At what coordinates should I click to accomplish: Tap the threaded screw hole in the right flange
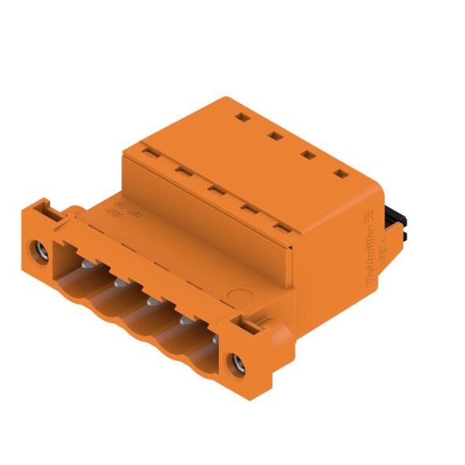(235, 364)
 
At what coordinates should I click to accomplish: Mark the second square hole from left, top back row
(275, 136)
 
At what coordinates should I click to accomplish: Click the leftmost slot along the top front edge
(146, 149)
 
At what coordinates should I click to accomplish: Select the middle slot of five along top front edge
(214, 188)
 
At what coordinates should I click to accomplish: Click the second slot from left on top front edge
(180, 169)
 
